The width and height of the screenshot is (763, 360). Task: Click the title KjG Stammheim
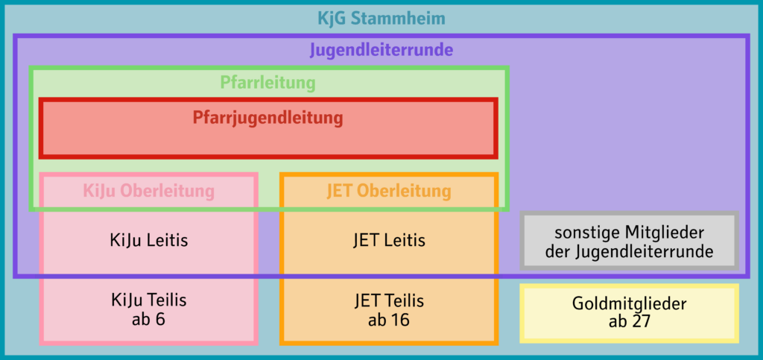point(381,19)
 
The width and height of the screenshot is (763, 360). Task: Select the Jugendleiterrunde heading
point(381,51)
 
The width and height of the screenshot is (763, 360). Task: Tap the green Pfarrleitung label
point(267,82)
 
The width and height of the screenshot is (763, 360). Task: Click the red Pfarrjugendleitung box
point(268,128)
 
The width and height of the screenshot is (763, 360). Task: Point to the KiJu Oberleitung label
point(148,191)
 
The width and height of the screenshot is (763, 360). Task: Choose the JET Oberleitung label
point(388,191)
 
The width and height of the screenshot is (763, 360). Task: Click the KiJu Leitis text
point(148,241)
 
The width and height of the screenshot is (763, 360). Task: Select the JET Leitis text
point(388,241)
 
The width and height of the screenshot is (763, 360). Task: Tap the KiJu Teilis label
point(148,300)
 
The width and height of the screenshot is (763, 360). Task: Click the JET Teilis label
point(388,300)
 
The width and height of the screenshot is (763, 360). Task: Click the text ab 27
point(630,322)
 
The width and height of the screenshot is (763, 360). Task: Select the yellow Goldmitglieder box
point(630,312)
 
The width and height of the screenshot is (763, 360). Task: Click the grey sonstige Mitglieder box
point(630,241)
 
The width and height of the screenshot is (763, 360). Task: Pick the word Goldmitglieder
point(630,303)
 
